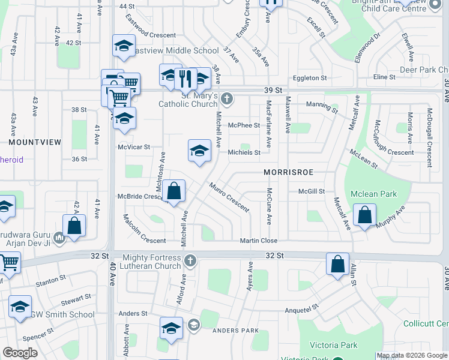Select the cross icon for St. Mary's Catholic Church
[x=226, y=98]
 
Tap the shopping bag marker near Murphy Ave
[x=365, y=215]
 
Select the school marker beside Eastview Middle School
[x=124, y=46]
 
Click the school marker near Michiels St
[x=199, y=151]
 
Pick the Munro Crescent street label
[x=229, y=197]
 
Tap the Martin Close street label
[x=259, y=241]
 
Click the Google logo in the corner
[x=20, y=353]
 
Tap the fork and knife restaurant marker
[x=185, y=78]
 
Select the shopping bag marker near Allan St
[x=338, y=263]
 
